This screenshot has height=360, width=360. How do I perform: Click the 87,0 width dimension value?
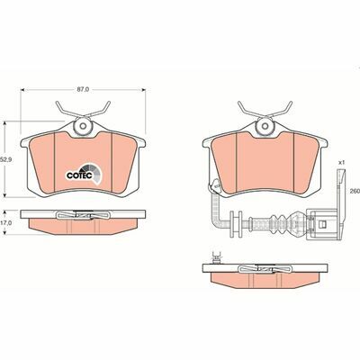point(83,90)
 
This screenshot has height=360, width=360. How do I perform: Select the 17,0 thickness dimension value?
point(7,221)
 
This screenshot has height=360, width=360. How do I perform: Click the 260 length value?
point(354,191)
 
